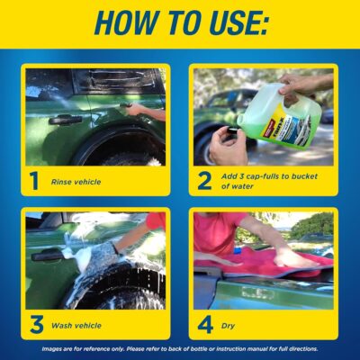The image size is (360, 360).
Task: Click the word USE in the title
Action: pyautogui.click(x=236, y=23)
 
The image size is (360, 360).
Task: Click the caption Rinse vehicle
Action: pyautogui.click(x=76, y=182)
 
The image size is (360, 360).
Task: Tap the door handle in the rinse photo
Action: pyautogui.click(x=66, y=118)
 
